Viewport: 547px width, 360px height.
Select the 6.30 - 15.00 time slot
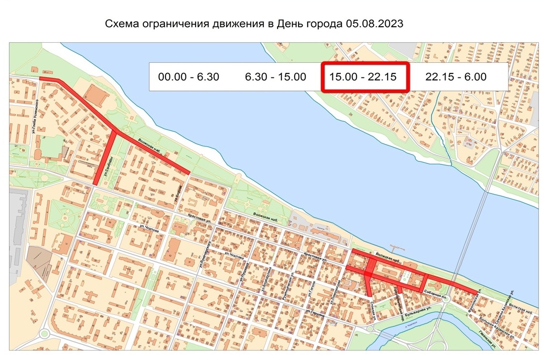point(276,77)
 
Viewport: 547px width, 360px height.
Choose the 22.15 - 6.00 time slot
point(455,77)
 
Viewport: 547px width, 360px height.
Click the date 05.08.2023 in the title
point(374,24)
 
